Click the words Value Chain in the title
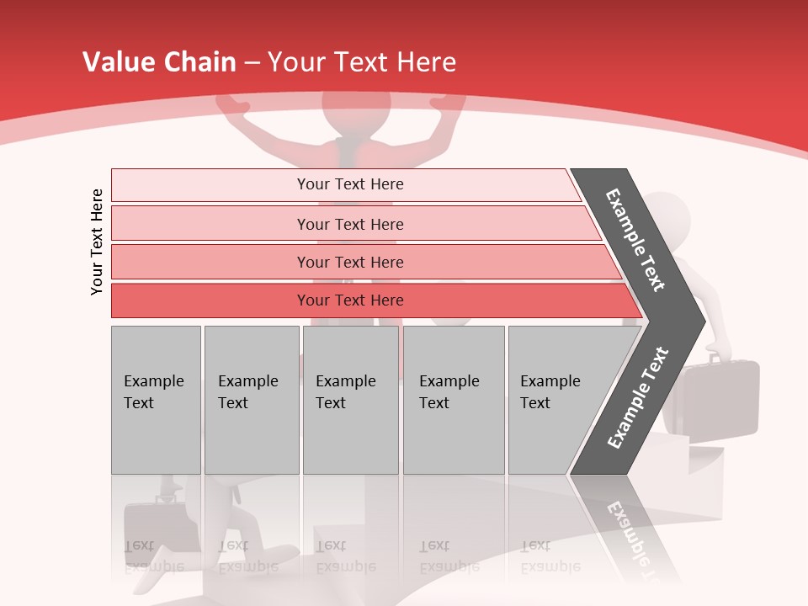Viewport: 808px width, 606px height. click(159, 62)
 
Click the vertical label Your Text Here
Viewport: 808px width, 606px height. click(97, 242)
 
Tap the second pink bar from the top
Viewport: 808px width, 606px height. click(349, 224)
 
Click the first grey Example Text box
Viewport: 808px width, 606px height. click(156, 400)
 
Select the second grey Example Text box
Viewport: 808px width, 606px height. click(252, 400)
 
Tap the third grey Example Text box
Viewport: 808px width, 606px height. click(350, 400)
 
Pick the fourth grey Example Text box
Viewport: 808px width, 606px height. click(454, 400)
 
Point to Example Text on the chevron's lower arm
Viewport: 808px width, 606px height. click(638, 398)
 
